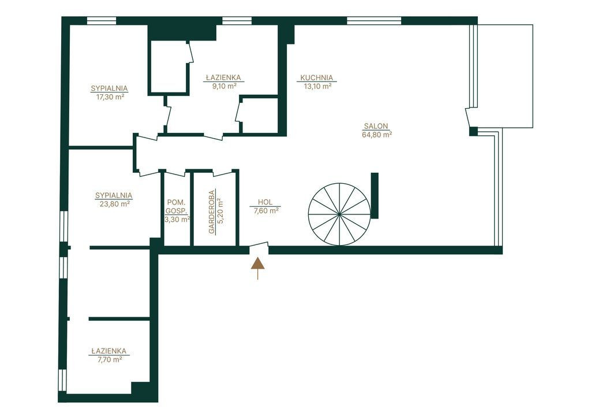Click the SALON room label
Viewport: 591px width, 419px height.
pos(376,127)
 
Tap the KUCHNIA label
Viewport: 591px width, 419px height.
pos(317,78)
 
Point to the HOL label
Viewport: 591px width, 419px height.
pos(265,203)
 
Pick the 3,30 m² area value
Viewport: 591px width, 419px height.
pos(177,219)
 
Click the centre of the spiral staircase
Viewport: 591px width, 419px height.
pos(339,214)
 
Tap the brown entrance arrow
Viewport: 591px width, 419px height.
pos(258,269)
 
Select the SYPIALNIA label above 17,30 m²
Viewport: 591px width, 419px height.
pos(109,88)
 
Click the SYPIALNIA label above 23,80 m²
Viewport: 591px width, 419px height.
pos(114,195)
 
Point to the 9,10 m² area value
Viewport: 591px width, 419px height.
pos(225,86)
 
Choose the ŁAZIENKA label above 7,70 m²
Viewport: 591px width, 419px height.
pos(110,351)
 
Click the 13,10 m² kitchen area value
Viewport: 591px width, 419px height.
pos(318,86)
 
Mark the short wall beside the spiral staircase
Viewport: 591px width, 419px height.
pos(375,195)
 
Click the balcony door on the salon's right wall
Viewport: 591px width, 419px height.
pos(471,118)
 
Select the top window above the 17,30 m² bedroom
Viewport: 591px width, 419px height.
pos(102,21)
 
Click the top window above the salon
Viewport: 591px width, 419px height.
pos(374,21)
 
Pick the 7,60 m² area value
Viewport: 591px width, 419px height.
pos(267,210)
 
